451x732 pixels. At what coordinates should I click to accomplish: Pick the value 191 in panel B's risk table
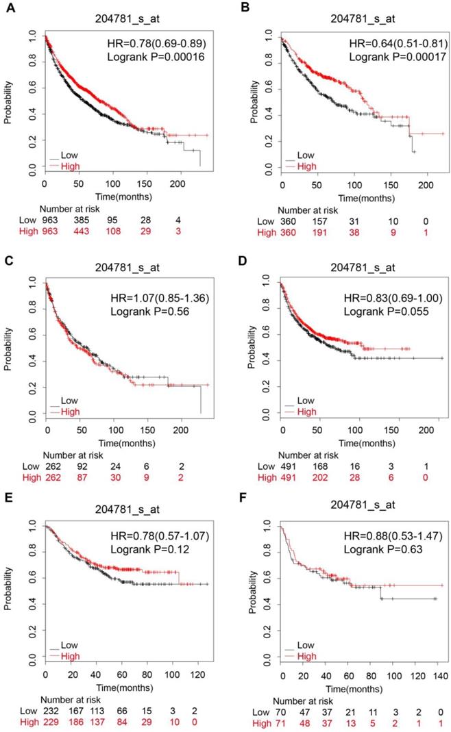[x=318, y=232]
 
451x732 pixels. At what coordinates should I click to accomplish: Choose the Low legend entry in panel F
[x=306, y=645]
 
